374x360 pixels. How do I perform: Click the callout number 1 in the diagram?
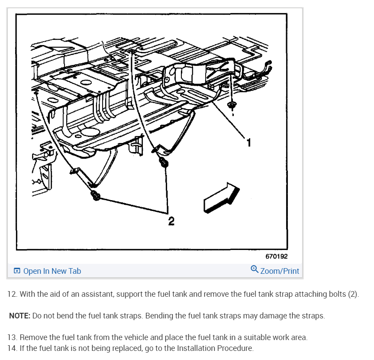point(249,143)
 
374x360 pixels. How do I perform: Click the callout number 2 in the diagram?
point(171,221)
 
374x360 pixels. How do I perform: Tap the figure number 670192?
point(277,256)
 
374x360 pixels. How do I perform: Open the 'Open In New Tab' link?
point(52,271)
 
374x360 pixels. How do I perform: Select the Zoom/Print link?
point(280,271)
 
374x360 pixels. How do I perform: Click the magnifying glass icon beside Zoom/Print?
point(255,269)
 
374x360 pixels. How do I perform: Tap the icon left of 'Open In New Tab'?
point(17,271)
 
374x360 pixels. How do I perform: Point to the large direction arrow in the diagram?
point(221,198)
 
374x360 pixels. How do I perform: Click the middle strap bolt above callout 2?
point(164,162)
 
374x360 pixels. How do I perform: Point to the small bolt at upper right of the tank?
point(231,105)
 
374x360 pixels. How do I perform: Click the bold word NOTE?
point(20,316)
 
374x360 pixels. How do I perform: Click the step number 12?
point(13,294)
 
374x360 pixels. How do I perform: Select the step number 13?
point(13,337)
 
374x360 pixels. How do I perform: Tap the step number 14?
point(13,348)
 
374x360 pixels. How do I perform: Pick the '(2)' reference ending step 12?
point(354,294)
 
